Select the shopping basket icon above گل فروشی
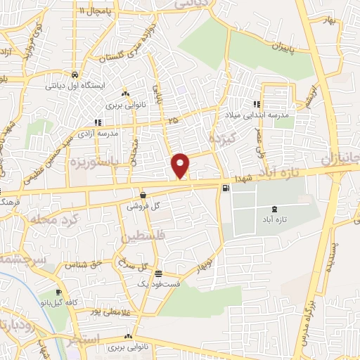point(143,195)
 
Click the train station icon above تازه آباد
point(274,209)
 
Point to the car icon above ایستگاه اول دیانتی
point(74,74)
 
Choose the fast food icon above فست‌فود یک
point(158,273)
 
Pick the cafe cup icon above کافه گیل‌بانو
point(58,292)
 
